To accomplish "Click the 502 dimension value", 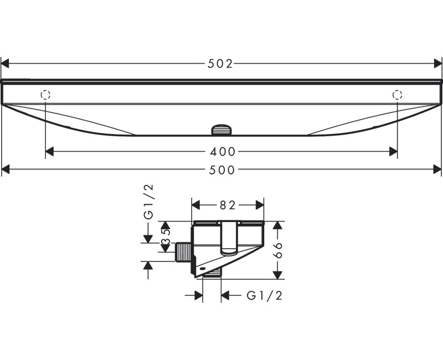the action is point(220,64).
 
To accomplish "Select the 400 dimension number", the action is point(223,152).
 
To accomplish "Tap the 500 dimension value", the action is point(222,170).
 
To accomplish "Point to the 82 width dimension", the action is point(228,205).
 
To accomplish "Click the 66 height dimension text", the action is point(278,250).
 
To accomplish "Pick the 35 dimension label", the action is point(166,236).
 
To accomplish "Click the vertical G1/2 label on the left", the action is point(148,202).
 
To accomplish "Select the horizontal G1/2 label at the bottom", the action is point(265,296).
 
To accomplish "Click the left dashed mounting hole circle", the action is point(45,95).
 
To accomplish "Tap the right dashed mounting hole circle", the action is point(397,95).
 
